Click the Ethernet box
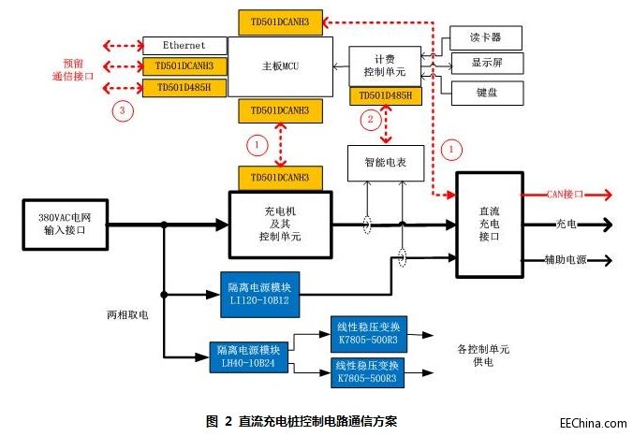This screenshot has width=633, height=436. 184,45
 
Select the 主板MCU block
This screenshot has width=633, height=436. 280,65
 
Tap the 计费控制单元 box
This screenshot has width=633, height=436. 384,65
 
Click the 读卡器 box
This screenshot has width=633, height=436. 484,38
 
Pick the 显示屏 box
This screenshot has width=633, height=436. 484,65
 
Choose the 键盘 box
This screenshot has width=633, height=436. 484,93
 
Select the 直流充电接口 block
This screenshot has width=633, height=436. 492,224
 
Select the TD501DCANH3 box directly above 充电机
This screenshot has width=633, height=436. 280,178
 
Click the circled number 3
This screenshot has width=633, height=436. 119,110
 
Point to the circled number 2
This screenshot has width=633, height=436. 371,119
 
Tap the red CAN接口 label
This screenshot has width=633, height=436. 565,196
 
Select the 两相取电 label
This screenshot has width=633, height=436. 127,315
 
